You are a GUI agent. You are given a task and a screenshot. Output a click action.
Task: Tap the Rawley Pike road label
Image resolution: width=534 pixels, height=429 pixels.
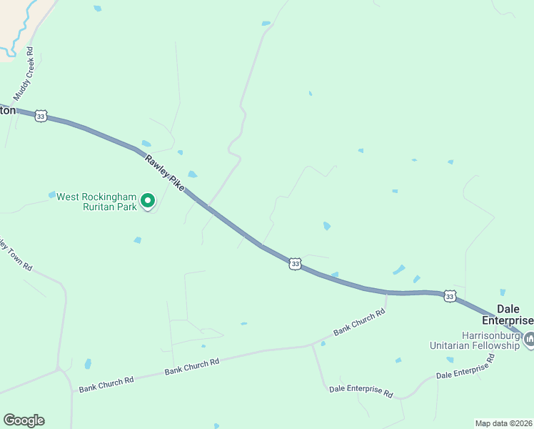click(x=164, y=172)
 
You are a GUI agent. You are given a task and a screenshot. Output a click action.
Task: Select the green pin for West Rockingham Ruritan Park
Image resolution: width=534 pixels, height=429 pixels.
click(x=148, y=201)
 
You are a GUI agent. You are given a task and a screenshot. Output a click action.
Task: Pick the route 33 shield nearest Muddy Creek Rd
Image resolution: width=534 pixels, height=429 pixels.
click(x=41, y=116)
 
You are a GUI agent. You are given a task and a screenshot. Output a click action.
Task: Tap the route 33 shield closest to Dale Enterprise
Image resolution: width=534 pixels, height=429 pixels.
click(x=449, y=295)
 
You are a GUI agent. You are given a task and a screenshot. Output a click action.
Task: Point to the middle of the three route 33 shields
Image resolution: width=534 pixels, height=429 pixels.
click(x=296, y=264)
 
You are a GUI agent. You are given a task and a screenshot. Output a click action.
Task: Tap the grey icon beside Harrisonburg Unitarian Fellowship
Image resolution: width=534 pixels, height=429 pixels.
click(x=529, y=339)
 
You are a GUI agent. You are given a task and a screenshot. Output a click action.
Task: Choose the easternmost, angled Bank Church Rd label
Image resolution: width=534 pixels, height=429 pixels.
click(x=359, y=322)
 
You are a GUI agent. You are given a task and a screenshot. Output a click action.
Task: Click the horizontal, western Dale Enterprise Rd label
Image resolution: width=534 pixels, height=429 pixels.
click(x=361, y=392)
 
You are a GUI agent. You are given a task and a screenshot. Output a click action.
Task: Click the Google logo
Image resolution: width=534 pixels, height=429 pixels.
click(x=24, y=420)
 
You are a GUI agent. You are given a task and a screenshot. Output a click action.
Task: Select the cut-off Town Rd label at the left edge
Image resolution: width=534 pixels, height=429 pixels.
click(x=16, y=254)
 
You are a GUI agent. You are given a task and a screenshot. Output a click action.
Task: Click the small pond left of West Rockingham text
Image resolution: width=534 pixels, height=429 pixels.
click(x=52, y=194)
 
